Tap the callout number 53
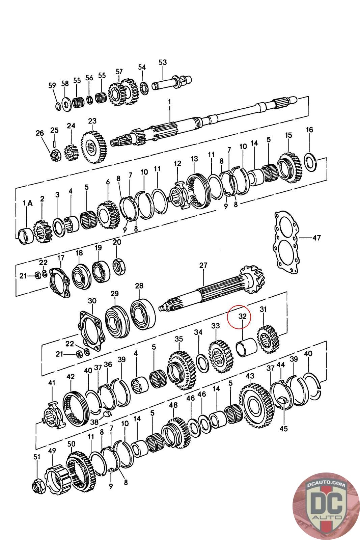coord(163,62)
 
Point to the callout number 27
coord(203,265)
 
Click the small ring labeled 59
coord(58,106)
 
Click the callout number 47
coord(316,238)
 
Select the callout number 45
coord(284,429)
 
